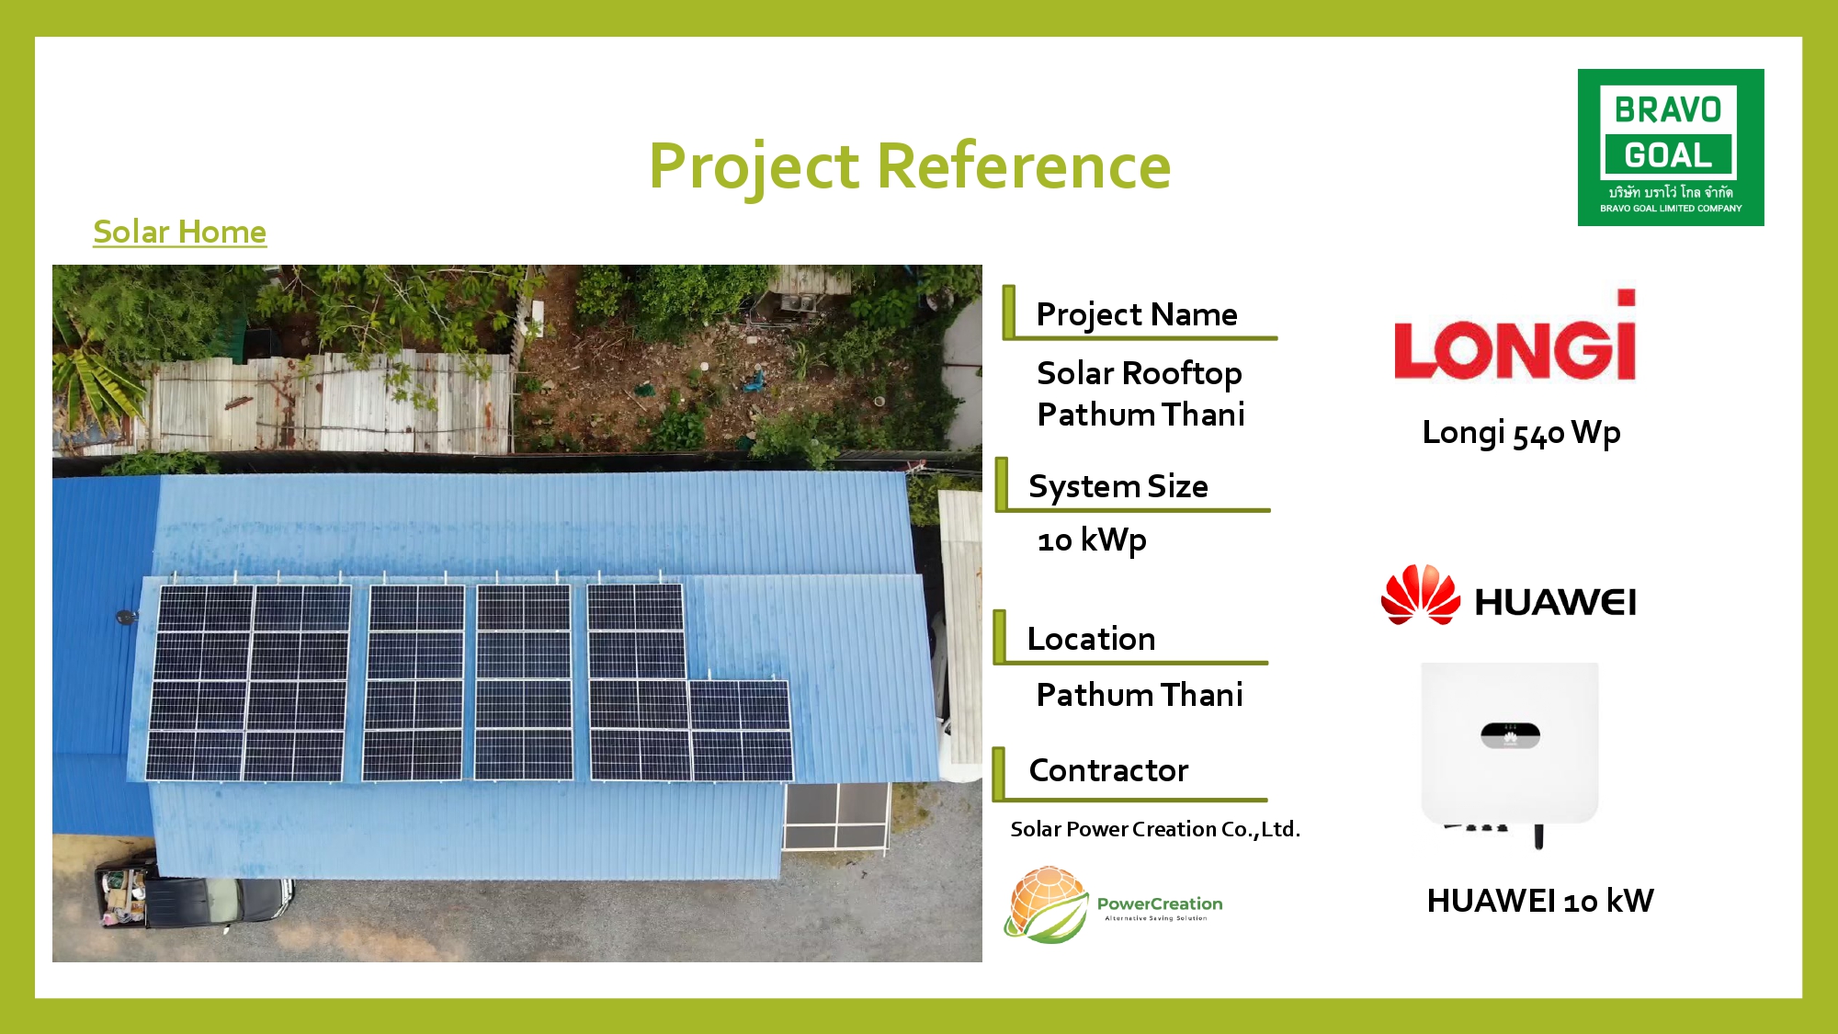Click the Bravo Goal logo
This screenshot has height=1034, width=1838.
pyautogui.click(x=1671, y=147)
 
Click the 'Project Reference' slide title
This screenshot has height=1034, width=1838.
pyautogui.click(x=910, y=166)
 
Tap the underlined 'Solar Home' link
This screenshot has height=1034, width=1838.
pyautogui.click(x=180, y=232)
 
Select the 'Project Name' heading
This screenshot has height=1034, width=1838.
pyautogui.click(x=1137, y=314)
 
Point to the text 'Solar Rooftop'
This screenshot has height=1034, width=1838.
pyautogui.click(x=1140, y=373)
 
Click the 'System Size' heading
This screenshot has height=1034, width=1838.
pyautogui.click(x=1118, y=486)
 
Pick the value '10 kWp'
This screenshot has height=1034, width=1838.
pyautogui.click(x=1092, y=540)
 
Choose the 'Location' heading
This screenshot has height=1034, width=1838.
pyautogui.click(x=1091, y=639)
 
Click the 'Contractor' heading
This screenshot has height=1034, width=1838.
pyautogui.click(x=1108, y=770)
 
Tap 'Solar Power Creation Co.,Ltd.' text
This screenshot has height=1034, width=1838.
pyautogui.click(x=1155, y=829)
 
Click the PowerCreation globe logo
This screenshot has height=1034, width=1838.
pyautogui.click(x=1048, y=904)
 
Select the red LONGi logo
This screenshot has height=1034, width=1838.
pyautogui.click(x=1515, y=336)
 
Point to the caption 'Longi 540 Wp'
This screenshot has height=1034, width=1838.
pyautogui.click(x=1521, y=433)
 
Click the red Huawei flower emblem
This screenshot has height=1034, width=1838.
pyautogui.click(x=1420, y=595)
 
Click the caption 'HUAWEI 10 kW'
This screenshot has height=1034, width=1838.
pyautogui.click(x=1540, y=901)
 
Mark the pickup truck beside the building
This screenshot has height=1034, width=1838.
pyautogui.click(x=193, y=895)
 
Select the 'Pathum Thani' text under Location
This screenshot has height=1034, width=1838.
pyautogui.click(x=1140, y=695)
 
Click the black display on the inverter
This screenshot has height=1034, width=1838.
pyautogui.click(x=1510, y=735)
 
